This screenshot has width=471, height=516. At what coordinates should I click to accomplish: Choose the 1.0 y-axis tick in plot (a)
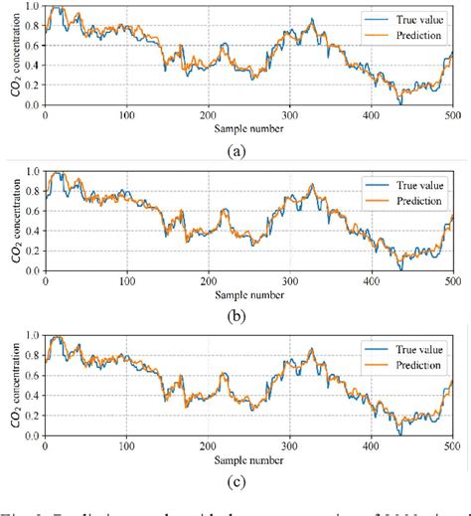coord(33,7)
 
